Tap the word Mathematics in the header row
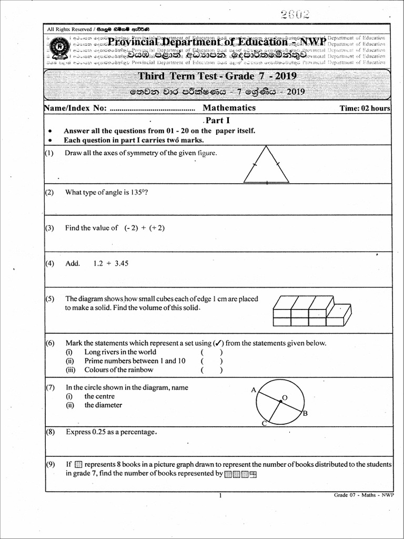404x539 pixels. click(229, 108)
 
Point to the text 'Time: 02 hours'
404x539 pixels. click(365, 108)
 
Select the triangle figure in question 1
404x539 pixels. click(266, 164)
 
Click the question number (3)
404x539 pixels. click(49, 228)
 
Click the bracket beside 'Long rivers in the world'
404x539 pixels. click(211, 352)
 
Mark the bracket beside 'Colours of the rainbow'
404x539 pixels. click(211, 370)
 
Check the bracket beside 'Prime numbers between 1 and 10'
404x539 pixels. click(211, 361)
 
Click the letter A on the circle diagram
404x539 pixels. click(254, 390)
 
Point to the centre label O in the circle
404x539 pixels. click(285, 397)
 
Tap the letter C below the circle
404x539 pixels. click(264, 424)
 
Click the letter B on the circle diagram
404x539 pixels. click(305, 414)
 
